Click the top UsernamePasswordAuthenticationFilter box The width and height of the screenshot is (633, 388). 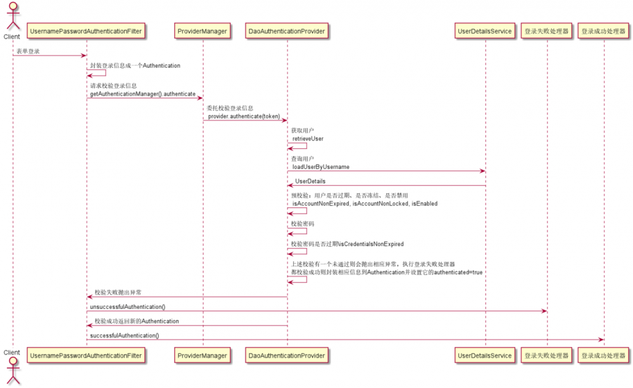tap(87, 30)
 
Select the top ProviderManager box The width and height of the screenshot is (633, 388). tap(203, 30)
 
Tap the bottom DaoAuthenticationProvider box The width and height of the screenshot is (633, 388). tap(287, 356)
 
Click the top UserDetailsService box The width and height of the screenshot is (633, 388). tap(486, 30)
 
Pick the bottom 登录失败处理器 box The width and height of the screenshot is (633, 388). tap(547, 356)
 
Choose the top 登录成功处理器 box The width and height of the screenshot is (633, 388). tap(603, 30)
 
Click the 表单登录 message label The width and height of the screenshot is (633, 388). tap(28, 51)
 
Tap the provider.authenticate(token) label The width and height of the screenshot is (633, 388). tap(244, 116)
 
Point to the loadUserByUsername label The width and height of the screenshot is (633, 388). tap(320, 167)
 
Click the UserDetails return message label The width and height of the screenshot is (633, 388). tap(310, 181)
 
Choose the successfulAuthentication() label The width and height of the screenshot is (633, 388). tap(124, 335)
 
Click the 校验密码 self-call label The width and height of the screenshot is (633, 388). tap(303, 224)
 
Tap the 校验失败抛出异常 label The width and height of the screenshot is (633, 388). tap(118, 292)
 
